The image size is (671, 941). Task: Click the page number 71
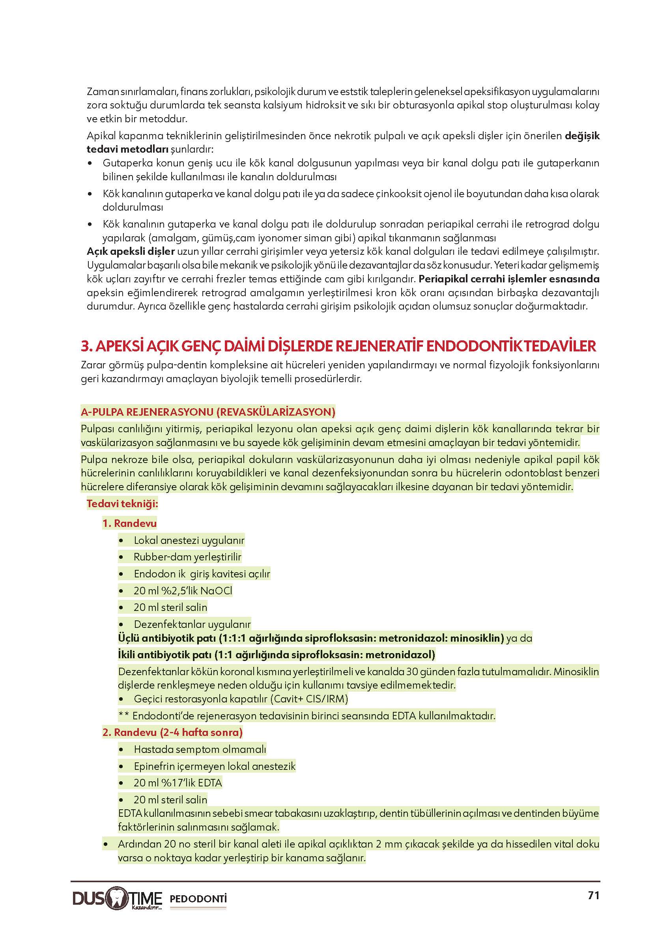593,895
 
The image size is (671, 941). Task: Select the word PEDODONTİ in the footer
198,899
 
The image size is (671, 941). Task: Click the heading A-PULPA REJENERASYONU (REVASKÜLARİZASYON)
208,412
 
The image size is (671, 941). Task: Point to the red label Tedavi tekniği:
122,504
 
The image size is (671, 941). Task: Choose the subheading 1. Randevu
129,523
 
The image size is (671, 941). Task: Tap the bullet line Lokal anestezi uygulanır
189,540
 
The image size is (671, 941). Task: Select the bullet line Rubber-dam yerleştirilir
187,557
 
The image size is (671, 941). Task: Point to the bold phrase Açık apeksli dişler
131,251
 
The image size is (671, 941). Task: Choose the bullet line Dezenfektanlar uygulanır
192,624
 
